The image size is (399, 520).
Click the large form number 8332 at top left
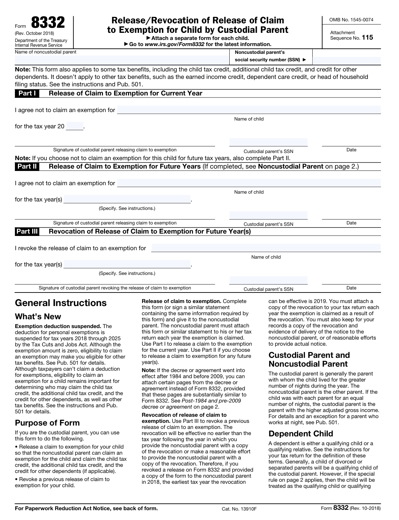[48, 23]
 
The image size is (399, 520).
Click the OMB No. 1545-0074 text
[351, 20]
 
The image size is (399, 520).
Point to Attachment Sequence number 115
[367, 38]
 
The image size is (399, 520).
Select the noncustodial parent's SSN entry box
[346, 60]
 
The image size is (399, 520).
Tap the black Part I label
[27, 93]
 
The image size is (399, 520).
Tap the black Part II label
[27, 167]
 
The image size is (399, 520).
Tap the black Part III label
[27, 232]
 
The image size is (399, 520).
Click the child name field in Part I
[249, 110]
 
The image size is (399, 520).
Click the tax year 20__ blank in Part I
[75, 126]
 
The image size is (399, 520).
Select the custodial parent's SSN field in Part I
[268, 142]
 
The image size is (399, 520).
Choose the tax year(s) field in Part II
[127, 199]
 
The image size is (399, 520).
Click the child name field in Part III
[266, 248]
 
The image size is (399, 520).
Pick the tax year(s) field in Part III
[127, 264]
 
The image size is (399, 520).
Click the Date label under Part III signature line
[351, 288]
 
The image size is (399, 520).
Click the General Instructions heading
[61, 303]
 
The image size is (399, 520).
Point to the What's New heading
[38, 317]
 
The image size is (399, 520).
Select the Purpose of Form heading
[47, 423]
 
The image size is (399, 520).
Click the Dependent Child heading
[300, 434]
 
